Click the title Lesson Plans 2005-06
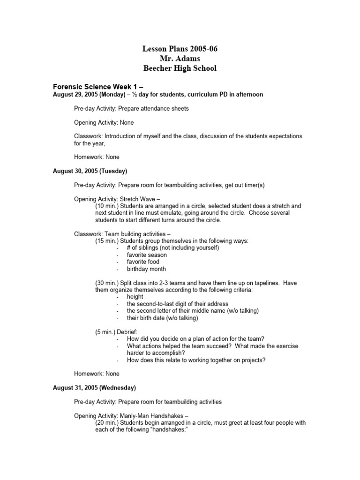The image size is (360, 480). pyautogui.click(x=180, y=49)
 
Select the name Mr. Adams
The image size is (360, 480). pyautogui.click(x=180, y=59)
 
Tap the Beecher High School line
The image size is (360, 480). pyautogui.click(x=180, y=68)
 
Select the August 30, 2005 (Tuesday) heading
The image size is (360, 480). pyautogui.click(x=90, y=171)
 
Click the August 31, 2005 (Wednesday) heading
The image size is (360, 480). pyautogui.click(x=94, y=388)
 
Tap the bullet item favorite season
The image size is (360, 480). pyautogui.click(x=146, y=255)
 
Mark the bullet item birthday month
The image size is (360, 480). pyautogui.click(x=146, y=269)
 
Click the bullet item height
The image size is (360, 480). pyautogui.click(x=135, y=297)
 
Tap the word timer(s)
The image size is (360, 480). pyautogui.click(x=253, y=185)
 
